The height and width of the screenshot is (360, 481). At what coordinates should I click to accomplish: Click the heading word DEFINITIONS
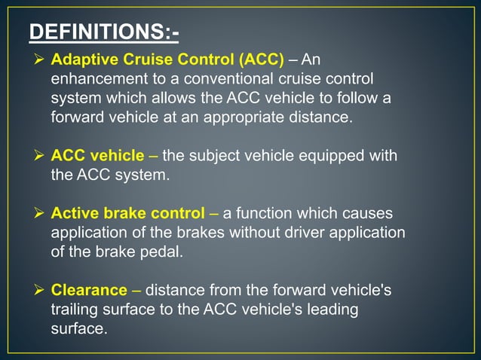coord(95,32)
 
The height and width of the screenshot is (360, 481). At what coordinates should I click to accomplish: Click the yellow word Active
coord(74,213)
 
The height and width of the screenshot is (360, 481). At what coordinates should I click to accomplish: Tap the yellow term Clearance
coord(89,290)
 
